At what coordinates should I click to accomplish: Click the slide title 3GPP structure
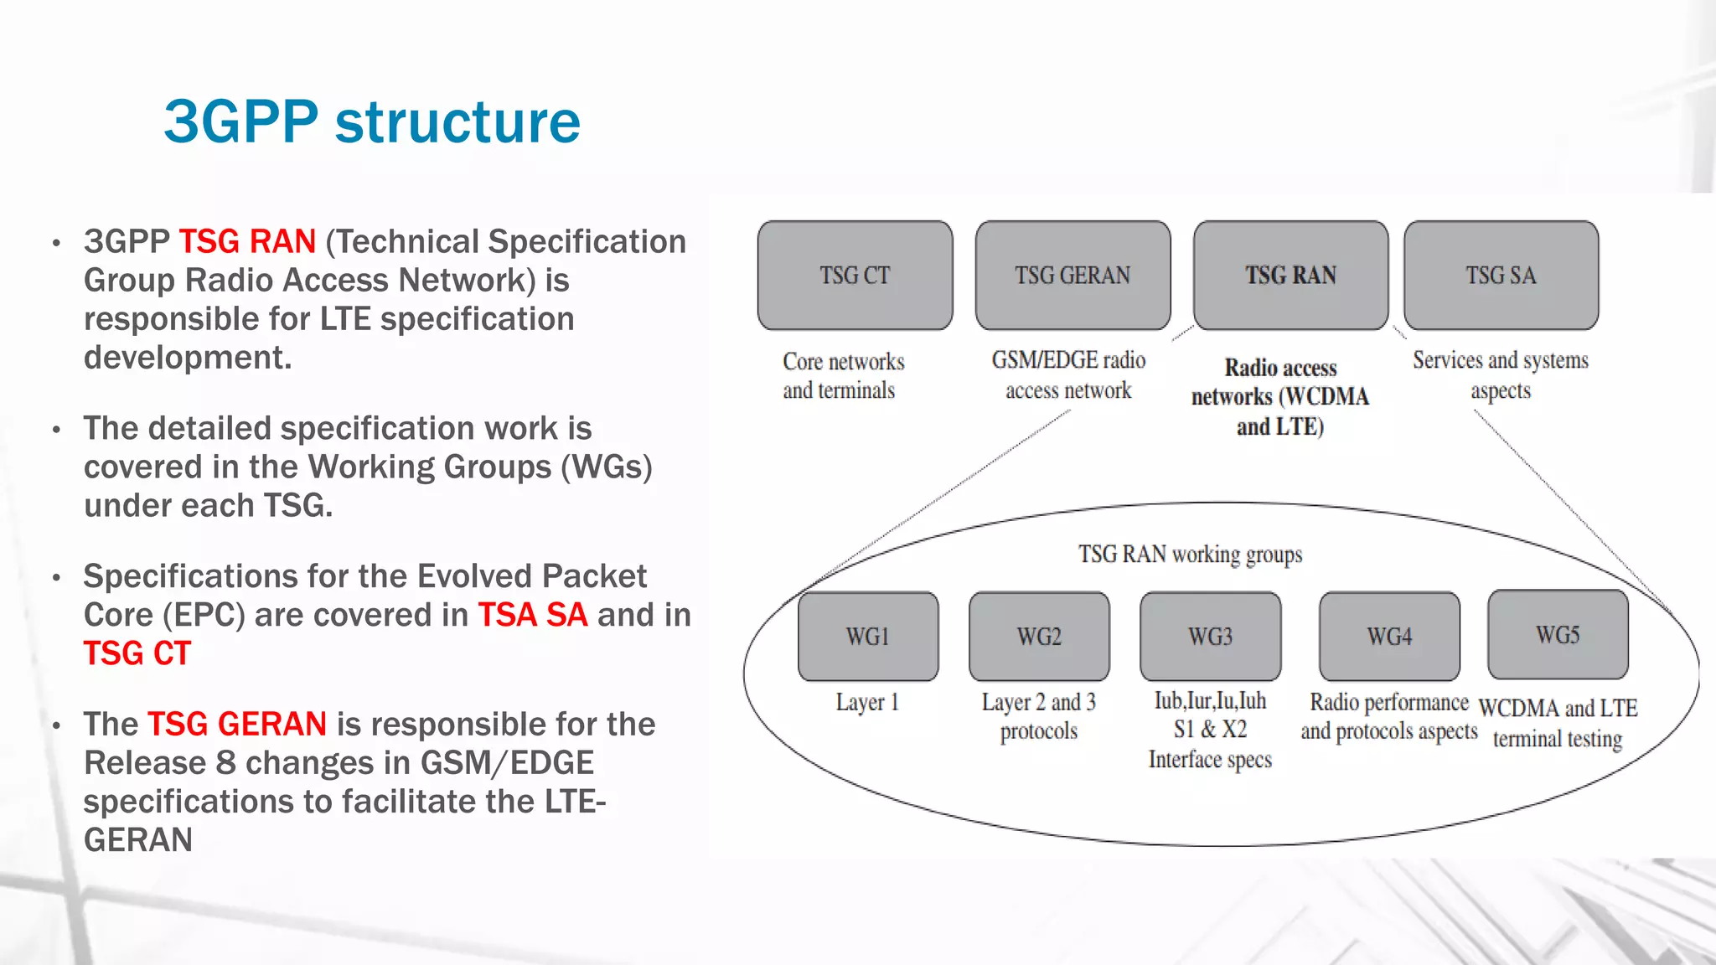pyautogui.click(x=372, y=122)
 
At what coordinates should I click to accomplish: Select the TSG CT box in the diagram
pyautogui.click(x=855, y=276)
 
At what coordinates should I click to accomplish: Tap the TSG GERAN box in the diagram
pyautogui.click(x=1072, y=276)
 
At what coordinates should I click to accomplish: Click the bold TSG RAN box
pyautogui.click(x=1290, y=276)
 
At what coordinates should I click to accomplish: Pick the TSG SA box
pyautogui.click(x=1501, y=276)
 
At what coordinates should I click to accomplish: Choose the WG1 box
pyautogui.click(x=868, y=637)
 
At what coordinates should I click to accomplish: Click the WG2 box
pyautogui.click(x=1039, y=637)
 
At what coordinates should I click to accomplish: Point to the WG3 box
pyautogui.click(x=1210, y=637)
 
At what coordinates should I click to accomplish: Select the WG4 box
pyautogui.click(x=1389, y=637)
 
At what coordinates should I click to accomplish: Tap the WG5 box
pyautogui.click(x=1558, y=635)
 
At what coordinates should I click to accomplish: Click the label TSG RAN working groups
pyautogui.click(x=1190, y=555)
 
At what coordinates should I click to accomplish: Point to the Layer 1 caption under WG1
pyautogui.click(x=867, y=702)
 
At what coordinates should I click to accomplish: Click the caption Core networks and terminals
pyautogui.click(x=842, y=376)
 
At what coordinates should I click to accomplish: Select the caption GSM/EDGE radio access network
pyautogui.click(x=1068, y=375)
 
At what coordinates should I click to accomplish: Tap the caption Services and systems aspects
pyautogui.click(x=1500, y=374)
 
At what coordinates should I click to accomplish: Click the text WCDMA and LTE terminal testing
pyautogui.click(x=1558, y=724)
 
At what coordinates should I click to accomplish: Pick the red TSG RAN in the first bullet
pyautogui.click(x=247, y=242)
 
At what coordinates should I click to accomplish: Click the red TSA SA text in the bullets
pyautogui.click(x=533, y=616)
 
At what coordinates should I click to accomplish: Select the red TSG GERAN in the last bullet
pyautogui.click(x=237, y=725)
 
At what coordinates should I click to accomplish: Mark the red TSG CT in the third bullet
pyautogui.click(x=137, y=654)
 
